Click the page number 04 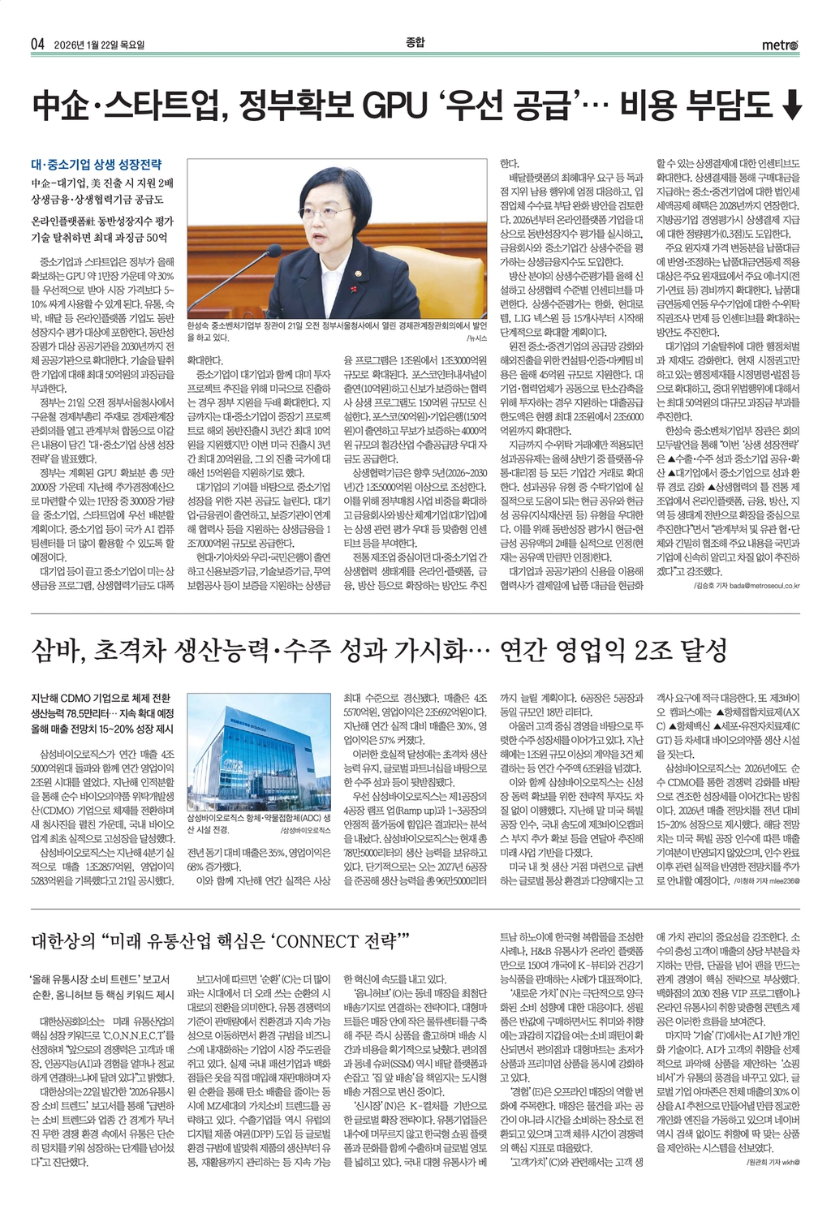pyautogui.click(x=37, y=44)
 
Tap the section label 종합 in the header pyautogui.click(x=415, y=42)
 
